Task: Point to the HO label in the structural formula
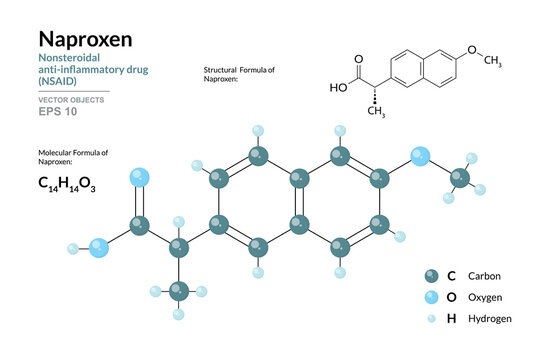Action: [339, 87]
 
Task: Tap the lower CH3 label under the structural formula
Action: [377, 110]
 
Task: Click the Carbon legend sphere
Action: [431, 276]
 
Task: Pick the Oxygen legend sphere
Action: [431, 297]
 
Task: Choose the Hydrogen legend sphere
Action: [431, 318]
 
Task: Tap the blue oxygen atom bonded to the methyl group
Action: [420, 156]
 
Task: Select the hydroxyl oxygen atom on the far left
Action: [98, 248]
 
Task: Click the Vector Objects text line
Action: [69, 100]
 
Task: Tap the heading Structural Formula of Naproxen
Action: [237, 73]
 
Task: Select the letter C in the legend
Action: [452, 276]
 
